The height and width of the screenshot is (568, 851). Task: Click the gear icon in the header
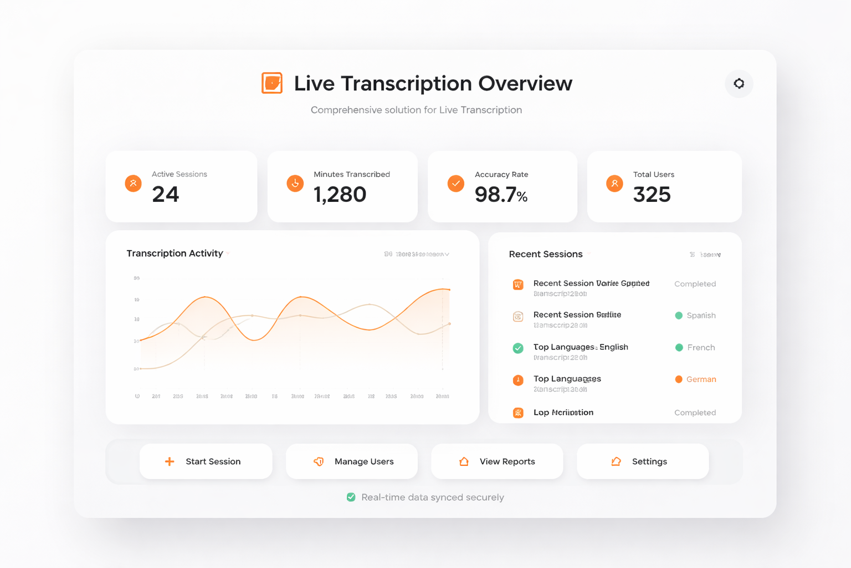pos(739,84)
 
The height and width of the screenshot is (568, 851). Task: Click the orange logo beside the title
pos(272,83)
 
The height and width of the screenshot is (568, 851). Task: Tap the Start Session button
pos(206,461)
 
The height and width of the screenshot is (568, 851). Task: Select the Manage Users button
pos(352,461)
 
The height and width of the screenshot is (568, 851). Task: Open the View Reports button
pos(497,461)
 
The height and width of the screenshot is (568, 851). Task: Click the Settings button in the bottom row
pos(643,461)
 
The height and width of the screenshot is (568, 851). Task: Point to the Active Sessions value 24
pos(166,195)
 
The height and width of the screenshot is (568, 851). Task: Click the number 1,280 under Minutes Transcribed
pos(340,195)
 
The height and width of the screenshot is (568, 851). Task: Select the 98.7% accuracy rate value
pos(501,195)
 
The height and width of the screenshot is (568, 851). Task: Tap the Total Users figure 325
pos(652,195)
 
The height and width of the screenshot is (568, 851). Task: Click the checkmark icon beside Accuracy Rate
pos(456,184)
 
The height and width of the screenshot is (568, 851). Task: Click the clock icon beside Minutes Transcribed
pos(295,183)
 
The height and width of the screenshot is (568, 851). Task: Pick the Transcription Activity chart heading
pos(175,253)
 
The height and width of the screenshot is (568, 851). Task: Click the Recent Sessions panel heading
pos(546,254)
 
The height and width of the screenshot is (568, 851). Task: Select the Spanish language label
pos(701,316)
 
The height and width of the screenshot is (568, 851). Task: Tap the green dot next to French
pos(679,348)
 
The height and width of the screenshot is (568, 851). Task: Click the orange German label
pos(701,379)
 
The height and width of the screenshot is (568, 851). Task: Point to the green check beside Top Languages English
pos(518,348)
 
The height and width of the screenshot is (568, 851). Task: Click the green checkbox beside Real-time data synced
pos(351,497)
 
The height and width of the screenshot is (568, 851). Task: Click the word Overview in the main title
pos(525,84)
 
